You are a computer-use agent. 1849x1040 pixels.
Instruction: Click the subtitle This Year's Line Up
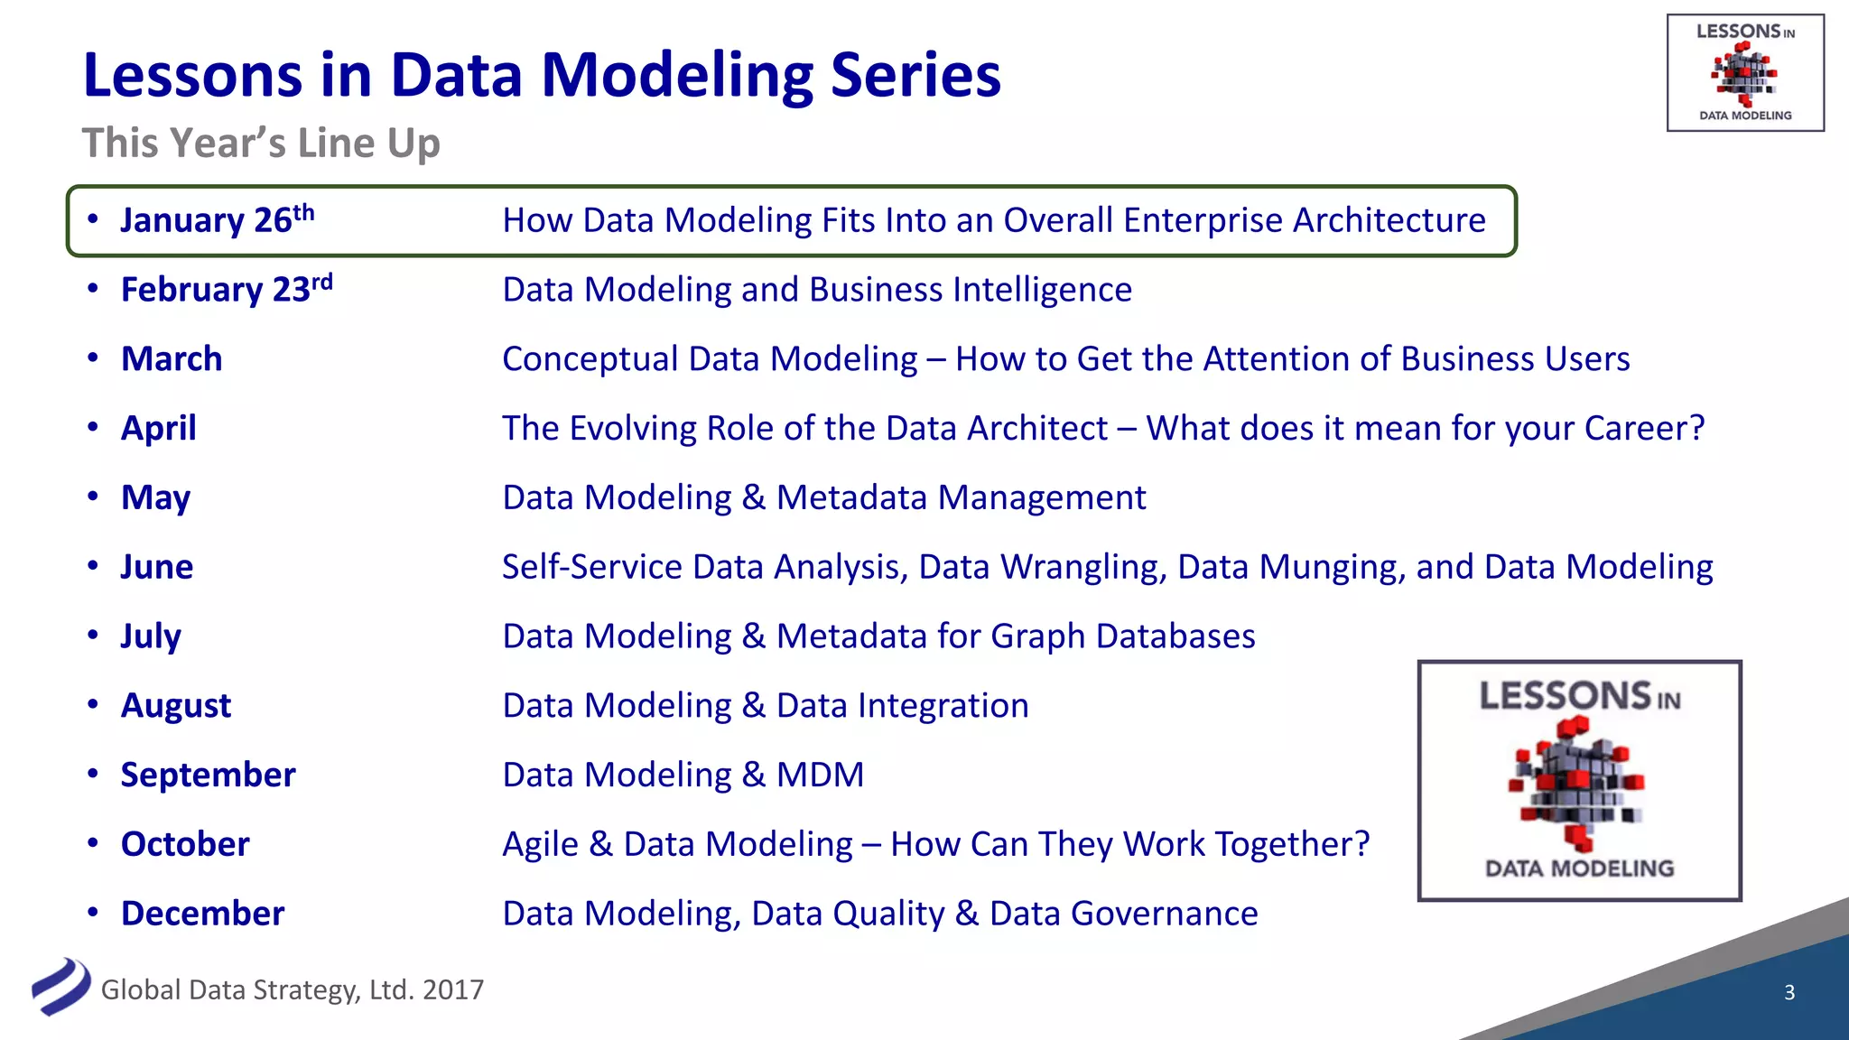point(261,144)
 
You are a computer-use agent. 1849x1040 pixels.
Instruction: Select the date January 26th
point(217,220)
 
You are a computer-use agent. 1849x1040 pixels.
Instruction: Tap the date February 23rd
point(226,290)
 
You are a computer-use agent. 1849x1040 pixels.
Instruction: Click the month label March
point(172,359)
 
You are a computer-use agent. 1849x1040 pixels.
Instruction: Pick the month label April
point(159,429)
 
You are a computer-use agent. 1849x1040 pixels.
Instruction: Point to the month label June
point(157,567)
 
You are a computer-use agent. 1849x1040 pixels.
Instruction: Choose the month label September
point(208,775)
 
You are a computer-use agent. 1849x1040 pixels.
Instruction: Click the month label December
point(202,914)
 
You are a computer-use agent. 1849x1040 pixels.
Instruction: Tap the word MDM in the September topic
point(820,775)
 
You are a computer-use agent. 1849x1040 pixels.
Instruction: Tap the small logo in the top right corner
point(1744,72)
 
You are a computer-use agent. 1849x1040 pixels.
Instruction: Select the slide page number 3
point(1789,992)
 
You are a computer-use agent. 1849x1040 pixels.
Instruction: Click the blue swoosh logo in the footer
point(60,987)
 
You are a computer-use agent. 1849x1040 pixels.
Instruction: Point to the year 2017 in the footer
point(452,990)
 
